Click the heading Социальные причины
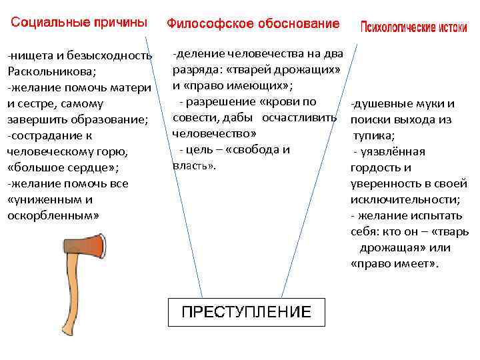point(79,23)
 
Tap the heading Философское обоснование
point(253,23)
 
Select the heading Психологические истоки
point(413,27)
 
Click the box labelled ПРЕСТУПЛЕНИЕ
point(247,311)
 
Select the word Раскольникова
point(53,71)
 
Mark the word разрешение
point(221,101)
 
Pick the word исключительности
point(394,199)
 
